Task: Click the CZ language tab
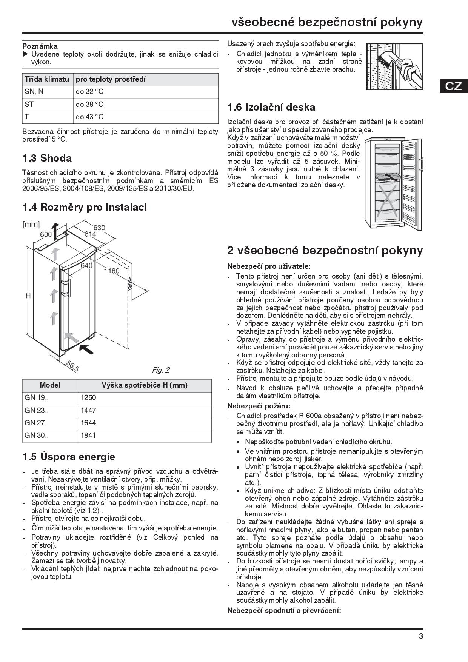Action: pyautogui.click(x=453, y=86)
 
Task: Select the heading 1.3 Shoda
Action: pyautogui.click(x=47, y=158)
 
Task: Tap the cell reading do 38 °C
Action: pyautogui.click(x=89, y=105)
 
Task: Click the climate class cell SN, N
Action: pyautogui.click(x=34, y=92)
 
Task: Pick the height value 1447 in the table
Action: pyautogui.click(x=88, y=410)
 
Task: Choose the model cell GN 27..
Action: pyautogui.click(x=36, y=423)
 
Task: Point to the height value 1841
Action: pyautogui.click(x=88, y=435)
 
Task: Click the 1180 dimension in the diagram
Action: pyautogui.click(x=112, y=271)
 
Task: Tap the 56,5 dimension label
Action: pyautogui.click(x=72, y=366)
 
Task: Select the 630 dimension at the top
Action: pyautogui.click(x=99, y=228)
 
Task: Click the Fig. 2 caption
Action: pyautogui.click(x=161, y=370)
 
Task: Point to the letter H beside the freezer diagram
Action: pyautogui.click(x=28, y=296)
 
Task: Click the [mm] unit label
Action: pyautogui.click(x=31, y=225)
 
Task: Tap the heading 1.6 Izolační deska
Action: pyautogui.click(x=271, y=107)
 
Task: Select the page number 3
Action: pyautogui.click(x=421, y=636)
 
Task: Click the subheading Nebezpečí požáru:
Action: pyautogui.click(x=259, y=406)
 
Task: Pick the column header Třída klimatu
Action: pyautogui.click(x=47, y=79)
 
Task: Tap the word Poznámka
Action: pyautogui.click(x=40, y=46)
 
